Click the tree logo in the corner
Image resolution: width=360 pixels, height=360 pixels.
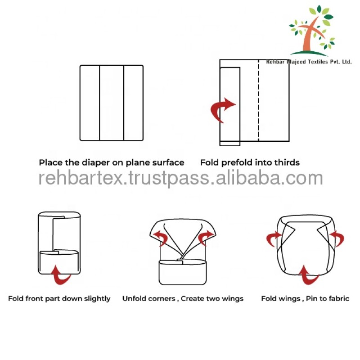coord(312,31)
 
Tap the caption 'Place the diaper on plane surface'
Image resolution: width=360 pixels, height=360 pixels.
coord(111,162)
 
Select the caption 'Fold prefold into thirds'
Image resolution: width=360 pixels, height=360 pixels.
coord(250,162)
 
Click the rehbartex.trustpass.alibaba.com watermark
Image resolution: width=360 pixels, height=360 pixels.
coord(180,178)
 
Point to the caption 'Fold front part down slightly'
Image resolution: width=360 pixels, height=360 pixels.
coord(59,298)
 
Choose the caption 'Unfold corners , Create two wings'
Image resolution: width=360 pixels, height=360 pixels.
coord(183,298)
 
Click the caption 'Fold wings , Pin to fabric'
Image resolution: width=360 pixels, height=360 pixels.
coord(305,298)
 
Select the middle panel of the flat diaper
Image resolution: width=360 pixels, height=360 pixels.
coord(112,103)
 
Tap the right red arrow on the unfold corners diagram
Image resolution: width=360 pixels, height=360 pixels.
coord(207,236)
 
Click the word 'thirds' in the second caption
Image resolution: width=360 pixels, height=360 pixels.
coord(288,162)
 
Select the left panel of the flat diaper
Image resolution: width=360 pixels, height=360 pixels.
coord(90,103)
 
